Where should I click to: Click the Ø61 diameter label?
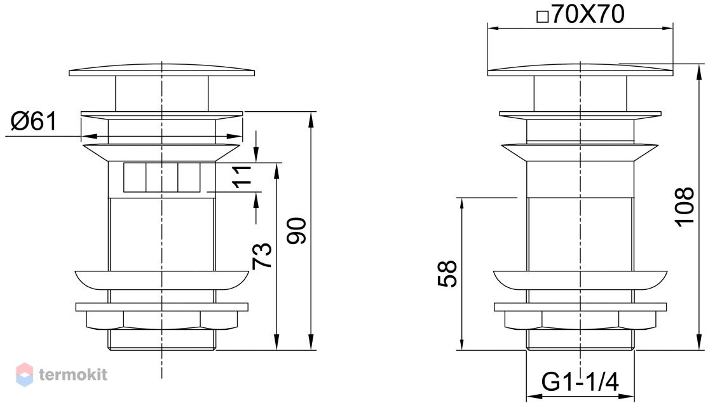click(x=34, y=121)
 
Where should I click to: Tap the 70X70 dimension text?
click(x=588, y=14)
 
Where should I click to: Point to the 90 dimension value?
click(x=297, y=230)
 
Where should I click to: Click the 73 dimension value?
click(x=262, y=256)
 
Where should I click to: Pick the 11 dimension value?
click(x=242, y=177)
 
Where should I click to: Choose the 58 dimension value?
click(x=447, y=274)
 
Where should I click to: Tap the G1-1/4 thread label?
click(x=580, y=382)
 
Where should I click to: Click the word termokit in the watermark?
click(x=73, y=374)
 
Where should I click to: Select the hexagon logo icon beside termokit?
click(x=24, y=374)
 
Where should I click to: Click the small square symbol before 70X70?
click(x=542, y=17)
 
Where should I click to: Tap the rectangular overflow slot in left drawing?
click(x=161, y=177)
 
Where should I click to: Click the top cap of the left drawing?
click(x=161, y=72)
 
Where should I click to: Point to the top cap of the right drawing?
click(x=580, y=71)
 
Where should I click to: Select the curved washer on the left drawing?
click(x=161, y=280)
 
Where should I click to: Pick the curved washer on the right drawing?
click(x=580, y=280)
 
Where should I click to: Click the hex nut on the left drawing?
click(x=161, y=320)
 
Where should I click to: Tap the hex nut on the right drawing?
click(x=580, y=320)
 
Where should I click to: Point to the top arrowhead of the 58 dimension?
click(x=461, y=205)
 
